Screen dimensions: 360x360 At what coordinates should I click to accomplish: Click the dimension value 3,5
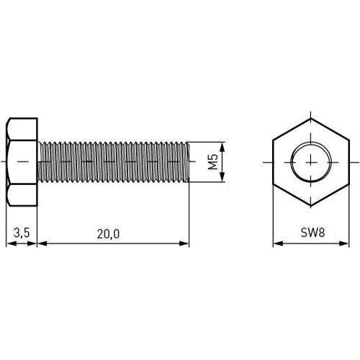pyautogui.click(x=21, y=233)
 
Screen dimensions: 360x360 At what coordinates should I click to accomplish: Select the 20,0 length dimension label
pyautogui.click(x=109, y=233)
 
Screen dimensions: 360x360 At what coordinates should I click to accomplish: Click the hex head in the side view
pyautogui.click(x=22, y=161)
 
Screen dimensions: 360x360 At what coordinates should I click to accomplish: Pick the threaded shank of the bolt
pyautogui.click(x=112, y=161)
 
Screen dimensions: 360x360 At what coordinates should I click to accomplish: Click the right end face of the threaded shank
pyautogui.click(x=189, y=161)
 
